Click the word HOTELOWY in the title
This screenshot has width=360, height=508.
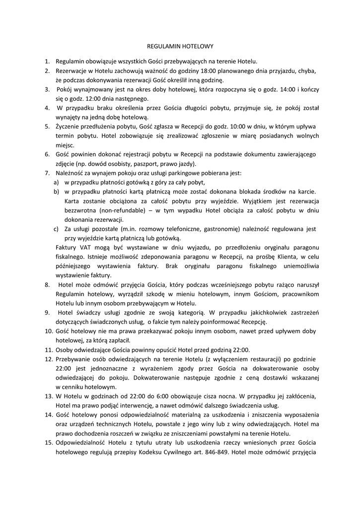coord(196,46)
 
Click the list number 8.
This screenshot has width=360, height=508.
coord(47,285)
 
